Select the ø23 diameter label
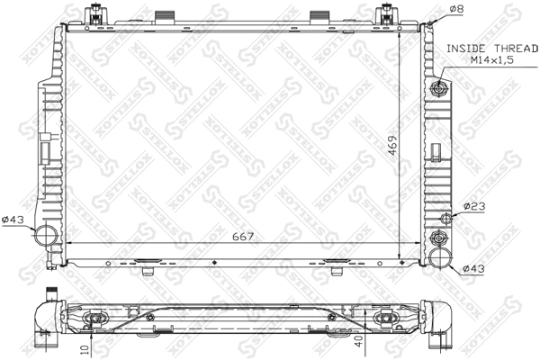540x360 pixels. pos(473,207)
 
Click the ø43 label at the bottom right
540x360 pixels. pos(473,268)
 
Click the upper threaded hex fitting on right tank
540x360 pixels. pos(438,88)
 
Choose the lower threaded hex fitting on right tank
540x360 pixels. pos(439,238)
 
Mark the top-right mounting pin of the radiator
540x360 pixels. pos(387,15)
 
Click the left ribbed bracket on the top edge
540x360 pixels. pos(164,19)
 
